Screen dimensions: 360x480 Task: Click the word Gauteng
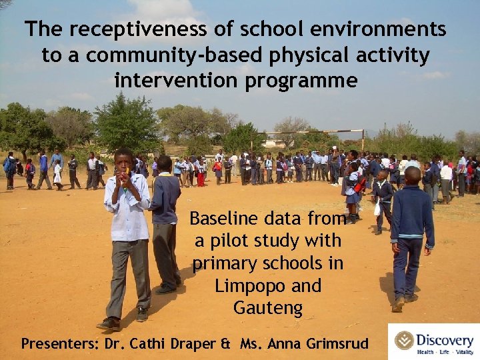pyautogui.click(x=268, y=309)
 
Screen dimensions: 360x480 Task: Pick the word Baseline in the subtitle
pyautogui.click(x=224, y=218)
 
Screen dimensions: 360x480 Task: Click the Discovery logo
pyautogui.click(x=433, y=341)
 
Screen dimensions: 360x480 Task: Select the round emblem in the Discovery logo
pyautogui.click(x=404, y=340)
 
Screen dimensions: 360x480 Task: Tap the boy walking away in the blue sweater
pyautogui.click(x=409, y=233)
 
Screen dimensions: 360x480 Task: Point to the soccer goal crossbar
pyautogui.click(x=314, y=132)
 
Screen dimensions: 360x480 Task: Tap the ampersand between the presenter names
pyautogui.click(x=225, y=345)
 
